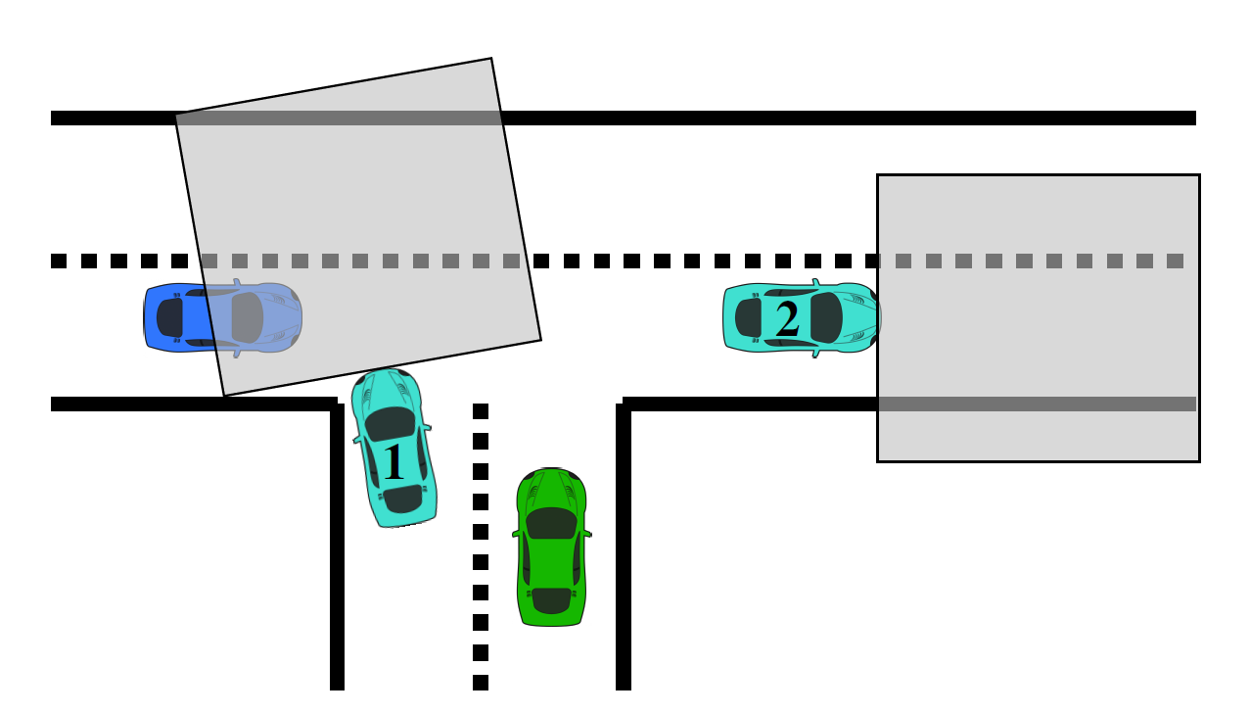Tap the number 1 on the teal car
pyautogui.click(x=394, y=463)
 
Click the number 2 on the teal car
pyautogui.click(x=787, y=319)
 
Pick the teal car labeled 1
pyautogui.click(x=394, y=449)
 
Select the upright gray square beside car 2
pyautogui.click(x=1038, y=317)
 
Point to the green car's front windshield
pyautogui.click(x=552, y=523)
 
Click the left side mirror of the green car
pyautogui.click(x=515, y=535)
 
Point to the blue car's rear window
pyautogui.click(x=169, y=317)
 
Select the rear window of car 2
pyautogui.click(x=749, y=317)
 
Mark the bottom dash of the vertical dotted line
pyautogui.click(x=481, y=683)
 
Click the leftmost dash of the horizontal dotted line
pyautogui.click(x=59, y=262)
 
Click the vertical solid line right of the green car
pyautogui.click(x=624, y=548)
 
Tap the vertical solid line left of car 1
pyautogui.click(x=338, y=548)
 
